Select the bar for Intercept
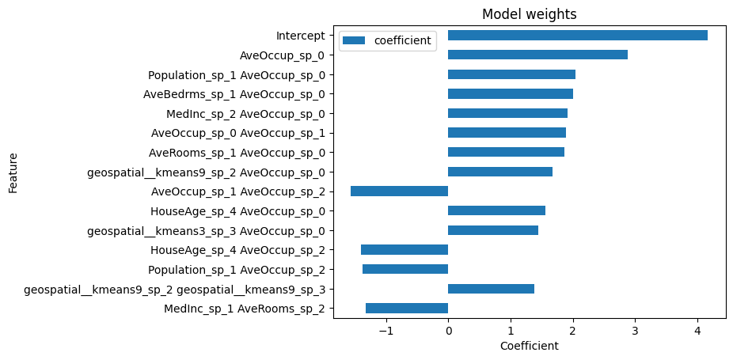(x=577, y=36)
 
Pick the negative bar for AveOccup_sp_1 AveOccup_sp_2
(x=399, y=191)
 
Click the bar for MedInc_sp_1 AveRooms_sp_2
(x=407, y=309)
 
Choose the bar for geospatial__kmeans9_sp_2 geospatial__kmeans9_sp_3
(x=491, y=289)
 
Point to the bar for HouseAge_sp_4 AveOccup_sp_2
(x=404, y=250)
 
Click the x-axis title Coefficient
(x=530, y=346)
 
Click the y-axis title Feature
(x=13, y=172)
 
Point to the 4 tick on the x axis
(x=697, y=331)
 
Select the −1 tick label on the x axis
(x=385, y=331)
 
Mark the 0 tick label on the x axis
(x=448, y=331)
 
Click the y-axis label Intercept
(x=300, y=36)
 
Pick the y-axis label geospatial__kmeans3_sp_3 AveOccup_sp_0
(x=208, y=231)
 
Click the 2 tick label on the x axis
(x=572, y=331)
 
